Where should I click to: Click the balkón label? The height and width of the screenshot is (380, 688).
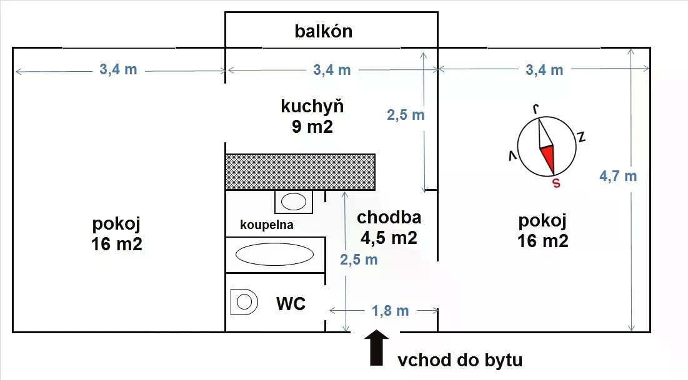(x=323, y=31)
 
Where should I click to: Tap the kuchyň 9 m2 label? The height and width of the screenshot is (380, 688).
(x=312, y=117)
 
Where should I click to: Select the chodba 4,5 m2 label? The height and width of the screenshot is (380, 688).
(x=389, y=228)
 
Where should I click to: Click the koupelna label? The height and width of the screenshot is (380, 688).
(x=266, y=225)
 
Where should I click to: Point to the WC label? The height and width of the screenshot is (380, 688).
(x=291, y=303)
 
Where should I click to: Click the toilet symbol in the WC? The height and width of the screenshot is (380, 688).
(x=244, y=302)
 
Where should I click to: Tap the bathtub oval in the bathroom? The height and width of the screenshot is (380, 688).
(x=275, y=254)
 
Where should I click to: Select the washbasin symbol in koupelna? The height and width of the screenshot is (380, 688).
(x=294, y=202)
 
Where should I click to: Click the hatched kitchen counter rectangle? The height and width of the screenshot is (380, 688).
(x=300, y=172)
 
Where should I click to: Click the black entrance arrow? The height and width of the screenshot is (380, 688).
(x=376, y=347)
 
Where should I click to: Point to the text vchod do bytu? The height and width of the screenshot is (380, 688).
(x=460, y=360)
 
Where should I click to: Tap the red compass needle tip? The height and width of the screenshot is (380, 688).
(x=554, y=174)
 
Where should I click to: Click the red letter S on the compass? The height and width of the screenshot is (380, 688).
(x=556, y=183)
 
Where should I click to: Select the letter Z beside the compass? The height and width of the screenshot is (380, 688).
(x=581, y=137)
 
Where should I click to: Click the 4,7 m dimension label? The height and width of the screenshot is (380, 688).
(x=618, y=176)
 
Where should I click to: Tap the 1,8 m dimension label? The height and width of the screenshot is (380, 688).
(x=390, y=311)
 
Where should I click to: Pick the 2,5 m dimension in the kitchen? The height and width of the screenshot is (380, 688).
(x=406, y=115)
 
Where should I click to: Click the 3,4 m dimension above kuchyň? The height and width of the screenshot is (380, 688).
(x=332, y=70)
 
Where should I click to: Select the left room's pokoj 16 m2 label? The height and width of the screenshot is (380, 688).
(x=117, y=233)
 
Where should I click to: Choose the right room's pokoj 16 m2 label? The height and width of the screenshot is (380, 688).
(x=543, y=230)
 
